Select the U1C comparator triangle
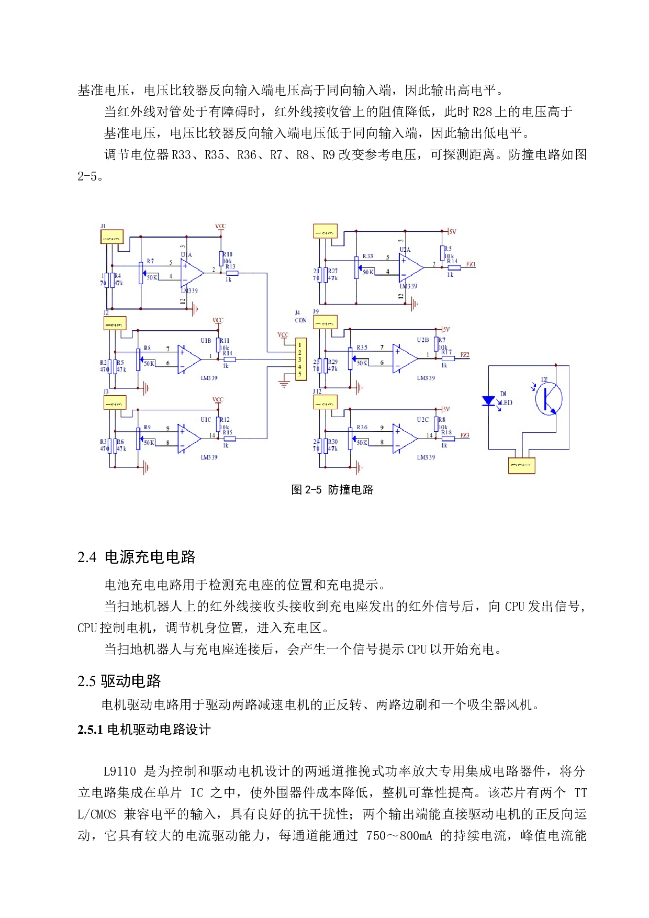(x=189, y=438)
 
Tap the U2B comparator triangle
(x=405, y=359)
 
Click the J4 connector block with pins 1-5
(x=300, y=359)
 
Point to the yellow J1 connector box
(x=112, y=237)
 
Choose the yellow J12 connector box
(x=325, y=402)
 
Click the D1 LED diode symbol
(x=489, y=401)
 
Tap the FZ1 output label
(x=471, y=264)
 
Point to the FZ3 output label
(x=464, y=435)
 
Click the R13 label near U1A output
(x=230, y=266)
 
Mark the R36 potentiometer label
(x=362, y=427)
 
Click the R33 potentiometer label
(x=367, y=256)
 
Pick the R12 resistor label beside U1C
(x=225, y=420)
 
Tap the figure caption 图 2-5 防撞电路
(x=332, y=489)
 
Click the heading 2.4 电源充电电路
(x=136, y=557)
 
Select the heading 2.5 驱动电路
(x=119, y=681)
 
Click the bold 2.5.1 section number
(x=90, y=730)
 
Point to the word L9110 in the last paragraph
(x=119, y=771)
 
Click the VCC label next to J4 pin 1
(x=283, y=335)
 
